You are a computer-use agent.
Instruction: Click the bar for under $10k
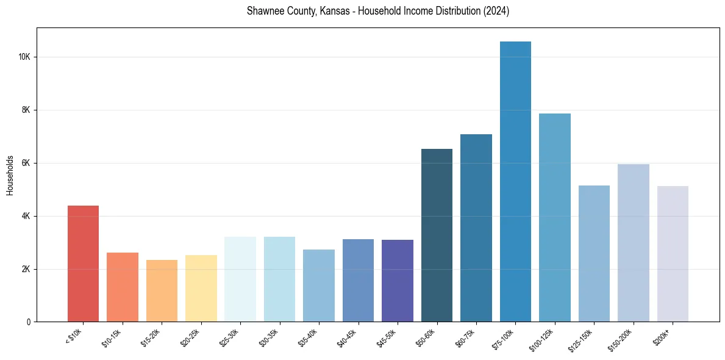(x=83, y=264)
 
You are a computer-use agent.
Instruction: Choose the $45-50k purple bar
(x=398, y=281)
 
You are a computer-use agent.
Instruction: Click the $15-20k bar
(x=162, y=291)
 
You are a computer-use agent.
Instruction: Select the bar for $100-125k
(x=555, y=218)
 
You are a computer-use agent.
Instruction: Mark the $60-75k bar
(x=476, y=228)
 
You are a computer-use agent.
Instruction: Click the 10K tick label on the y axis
(x=24, y=57)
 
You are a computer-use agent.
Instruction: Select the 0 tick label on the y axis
(x=29, y=322)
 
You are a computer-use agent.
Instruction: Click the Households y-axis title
(x=10, y=175)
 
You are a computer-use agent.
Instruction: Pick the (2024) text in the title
(x=495, y=12)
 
